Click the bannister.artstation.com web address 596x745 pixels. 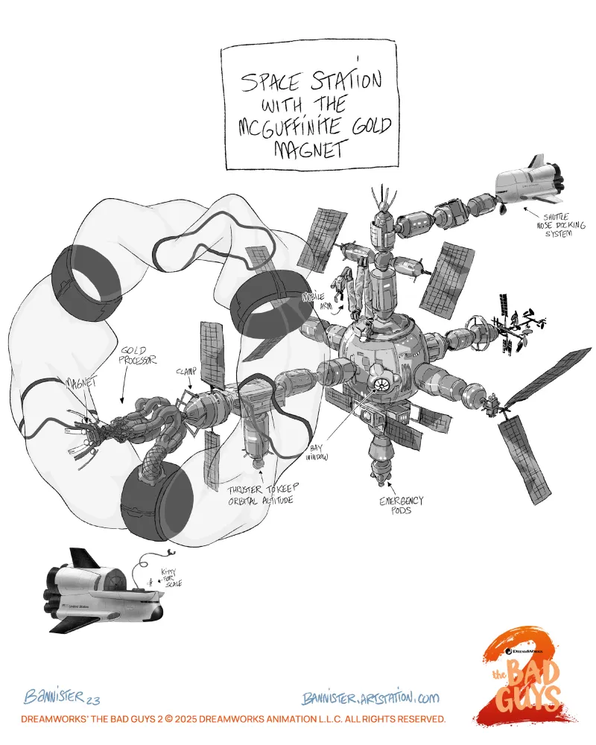click(370, 697)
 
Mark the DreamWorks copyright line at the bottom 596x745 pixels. click(233, 720)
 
